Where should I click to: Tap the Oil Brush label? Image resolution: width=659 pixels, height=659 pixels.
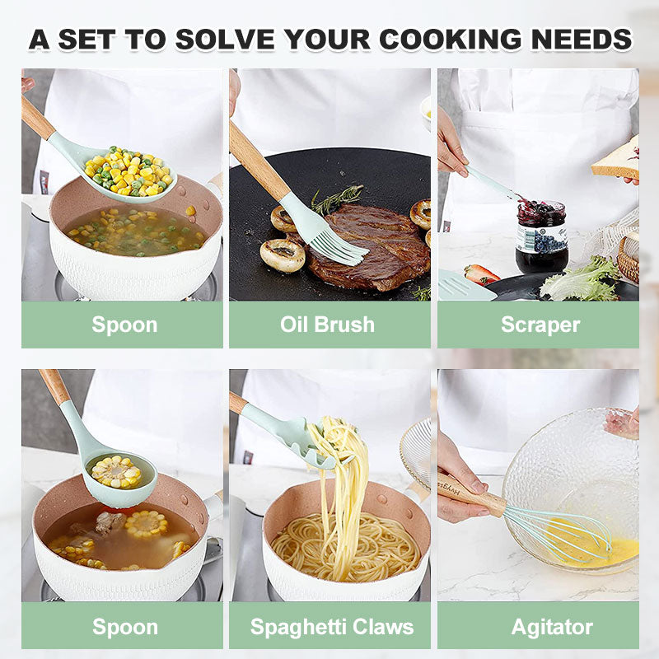(327, 324)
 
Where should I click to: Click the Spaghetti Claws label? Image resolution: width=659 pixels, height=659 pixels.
(332, 626)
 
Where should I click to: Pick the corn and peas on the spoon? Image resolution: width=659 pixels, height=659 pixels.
(132, 171)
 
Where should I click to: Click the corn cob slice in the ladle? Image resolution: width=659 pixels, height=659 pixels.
(115, 471)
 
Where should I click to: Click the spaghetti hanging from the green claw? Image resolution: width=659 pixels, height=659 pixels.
(342, 478)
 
